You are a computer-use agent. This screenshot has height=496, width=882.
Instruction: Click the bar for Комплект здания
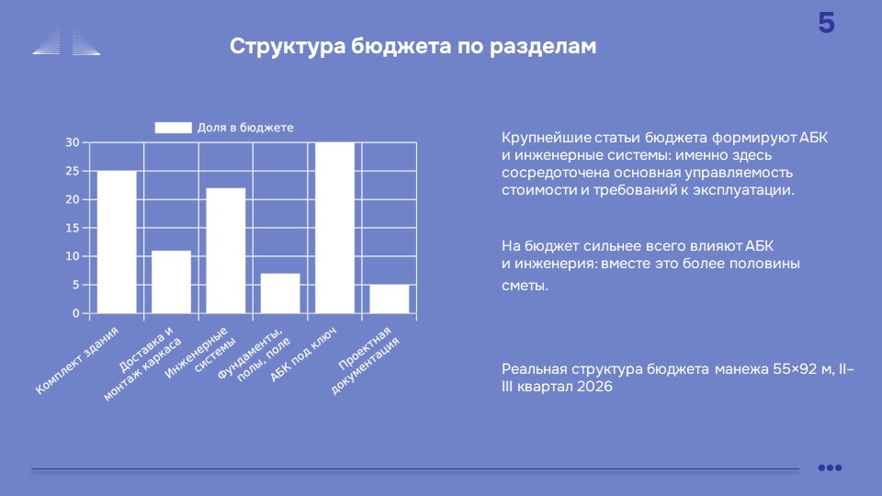click(x=117, y=242)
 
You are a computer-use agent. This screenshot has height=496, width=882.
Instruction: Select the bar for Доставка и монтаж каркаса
click(x=171, y=282)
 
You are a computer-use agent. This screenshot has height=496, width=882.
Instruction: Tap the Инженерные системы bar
click(x=226, y=251)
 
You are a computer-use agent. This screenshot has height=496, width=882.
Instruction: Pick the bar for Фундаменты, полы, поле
click(x=280, y=294)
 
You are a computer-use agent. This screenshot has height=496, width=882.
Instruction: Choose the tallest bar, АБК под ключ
click(x=334, y=228)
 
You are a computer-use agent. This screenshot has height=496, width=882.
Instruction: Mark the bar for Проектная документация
click(x=390, y=299)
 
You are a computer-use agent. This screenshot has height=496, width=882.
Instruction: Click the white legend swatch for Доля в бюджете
click(x=174, y=128)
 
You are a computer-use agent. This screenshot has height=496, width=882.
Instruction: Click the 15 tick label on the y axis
click(x=73, y=228)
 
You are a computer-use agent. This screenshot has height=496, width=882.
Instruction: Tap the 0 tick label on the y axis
click(x=76, y=313)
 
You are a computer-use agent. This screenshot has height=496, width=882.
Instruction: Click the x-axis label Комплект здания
click(x=77, y=360)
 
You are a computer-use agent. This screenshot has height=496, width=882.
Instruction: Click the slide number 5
click(x=826, y=23)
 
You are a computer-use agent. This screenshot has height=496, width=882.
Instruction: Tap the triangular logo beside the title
click(x=66, y=41)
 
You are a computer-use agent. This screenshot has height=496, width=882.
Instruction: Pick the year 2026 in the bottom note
click(x=594, y=387)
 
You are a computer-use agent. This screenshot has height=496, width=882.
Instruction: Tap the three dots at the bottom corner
click(x=830, y=468)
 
